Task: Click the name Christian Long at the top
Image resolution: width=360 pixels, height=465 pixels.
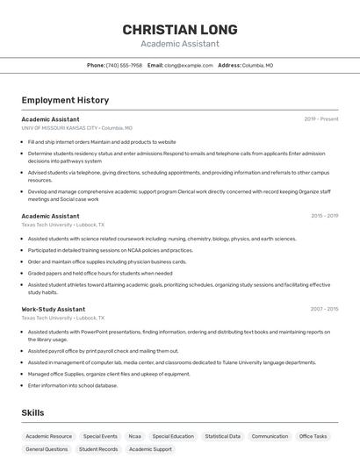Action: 179,30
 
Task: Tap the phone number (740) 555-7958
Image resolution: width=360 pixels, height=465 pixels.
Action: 124,65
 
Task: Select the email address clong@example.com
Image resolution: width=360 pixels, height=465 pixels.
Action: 189,65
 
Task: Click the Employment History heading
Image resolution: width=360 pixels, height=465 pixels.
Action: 65,100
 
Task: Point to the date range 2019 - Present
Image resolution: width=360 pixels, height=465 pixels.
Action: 321,119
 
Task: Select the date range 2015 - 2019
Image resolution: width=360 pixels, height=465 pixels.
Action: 324,215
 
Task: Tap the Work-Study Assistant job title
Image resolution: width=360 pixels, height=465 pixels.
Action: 54,309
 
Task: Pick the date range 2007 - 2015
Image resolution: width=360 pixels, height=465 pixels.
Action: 324,309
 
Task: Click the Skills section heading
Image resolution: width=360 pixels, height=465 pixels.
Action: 33,412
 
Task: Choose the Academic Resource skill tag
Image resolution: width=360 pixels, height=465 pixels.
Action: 49,436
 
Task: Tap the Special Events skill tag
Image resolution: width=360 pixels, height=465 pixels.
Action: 100,436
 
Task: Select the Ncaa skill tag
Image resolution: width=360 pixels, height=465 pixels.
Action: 134,436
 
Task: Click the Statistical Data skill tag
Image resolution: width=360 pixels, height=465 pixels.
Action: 222,436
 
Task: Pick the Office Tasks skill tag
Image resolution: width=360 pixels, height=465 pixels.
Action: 313,436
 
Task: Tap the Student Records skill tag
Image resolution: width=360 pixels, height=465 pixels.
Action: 98,449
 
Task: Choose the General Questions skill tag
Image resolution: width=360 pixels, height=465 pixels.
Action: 47,449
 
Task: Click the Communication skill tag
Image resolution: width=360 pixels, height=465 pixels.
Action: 270,436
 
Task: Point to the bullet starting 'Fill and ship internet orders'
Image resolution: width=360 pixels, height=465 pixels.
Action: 102,141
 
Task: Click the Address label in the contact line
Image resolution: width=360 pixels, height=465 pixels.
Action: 229,65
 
